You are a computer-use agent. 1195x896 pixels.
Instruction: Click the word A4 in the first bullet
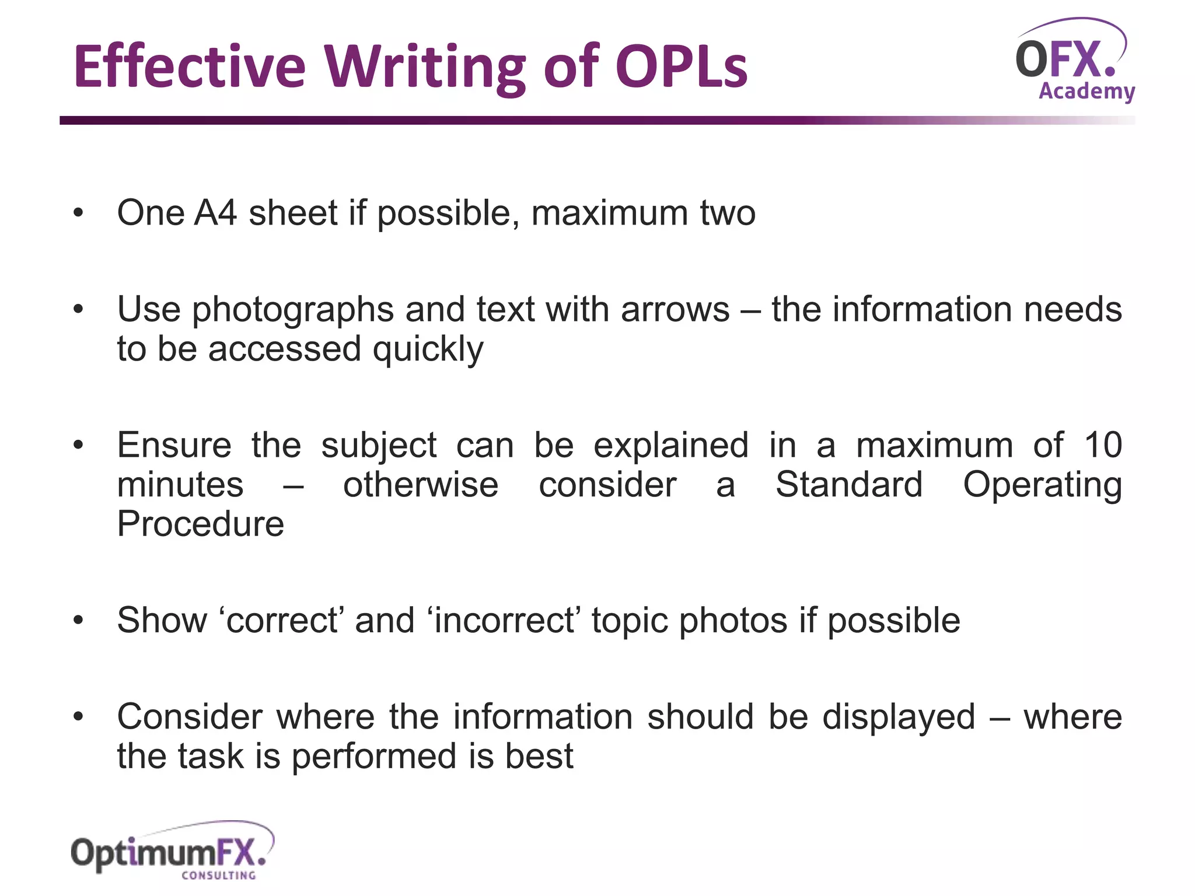[215, 212]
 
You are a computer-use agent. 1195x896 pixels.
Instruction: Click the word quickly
[428, 349]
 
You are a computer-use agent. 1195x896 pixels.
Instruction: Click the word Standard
[849, 485]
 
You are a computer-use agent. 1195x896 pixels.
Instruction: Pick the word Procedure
[201, 524]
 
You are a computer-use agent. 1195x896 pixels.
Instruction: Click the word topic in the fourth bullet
[630, 621]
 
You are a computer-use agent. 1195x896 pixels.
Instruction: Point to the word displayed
[899, 717]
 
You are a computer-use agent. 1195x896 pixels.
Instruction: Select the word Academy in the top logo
[1086, 92]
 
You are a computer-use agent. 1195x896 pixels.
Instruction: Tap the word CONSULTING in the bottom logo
[219, 875]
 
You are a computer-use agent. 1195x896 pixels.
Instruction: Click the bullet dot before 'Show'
[79, 620]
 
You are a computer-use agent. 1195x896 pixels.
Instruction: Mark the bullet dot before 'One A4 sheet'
[79, 213]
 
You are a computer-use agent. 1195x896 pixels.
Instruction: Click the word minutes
[180, 485]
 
